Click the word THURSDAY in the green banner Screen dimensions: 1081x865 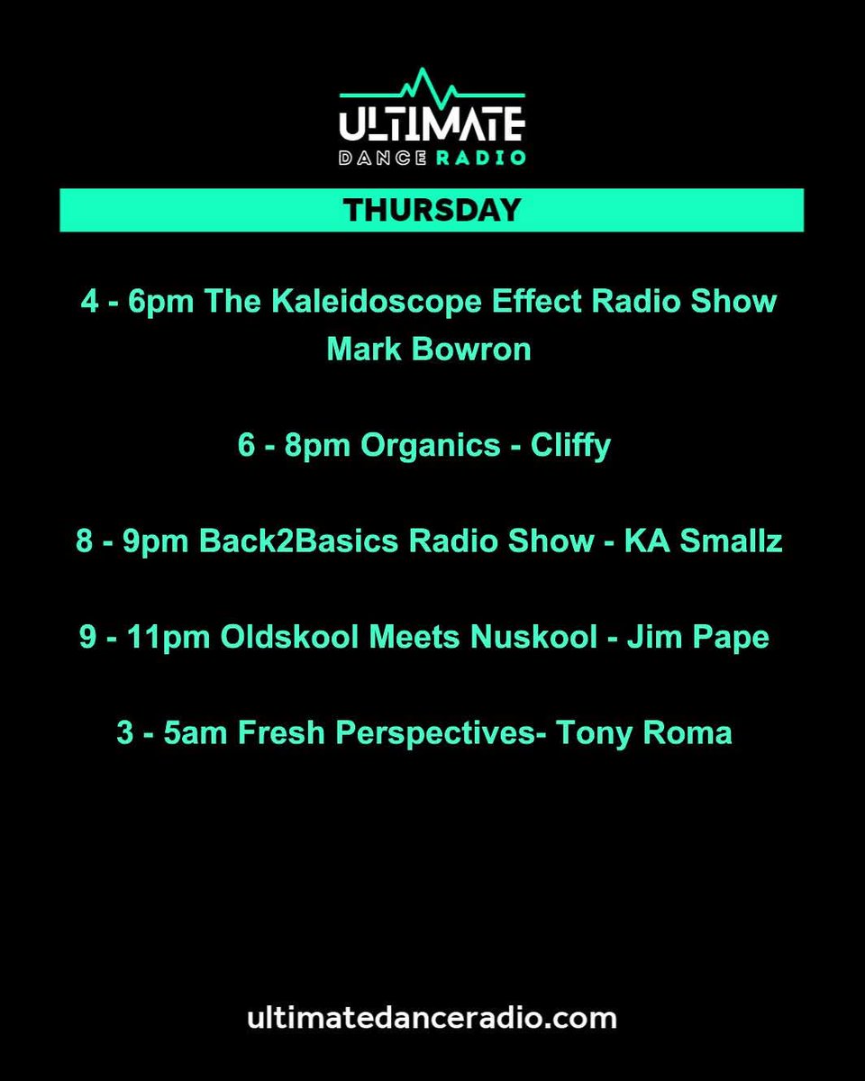pyautogui.click(x=432, y=210)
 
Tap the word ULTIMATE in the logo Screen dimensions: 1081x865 pyautogui.click(x=432, y=124)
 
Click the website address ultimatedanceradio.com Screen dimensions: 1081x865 pyautogui.click(x=432, y=1019)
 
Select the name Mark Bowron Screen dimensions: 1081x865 pyautogui.click(x=429, y=350)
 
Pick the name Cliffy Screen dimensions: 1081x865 pyautogui.click(x=569, y=446)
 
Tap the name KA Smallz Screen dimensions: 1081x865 pyautogui.click(x=704, y=542)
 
